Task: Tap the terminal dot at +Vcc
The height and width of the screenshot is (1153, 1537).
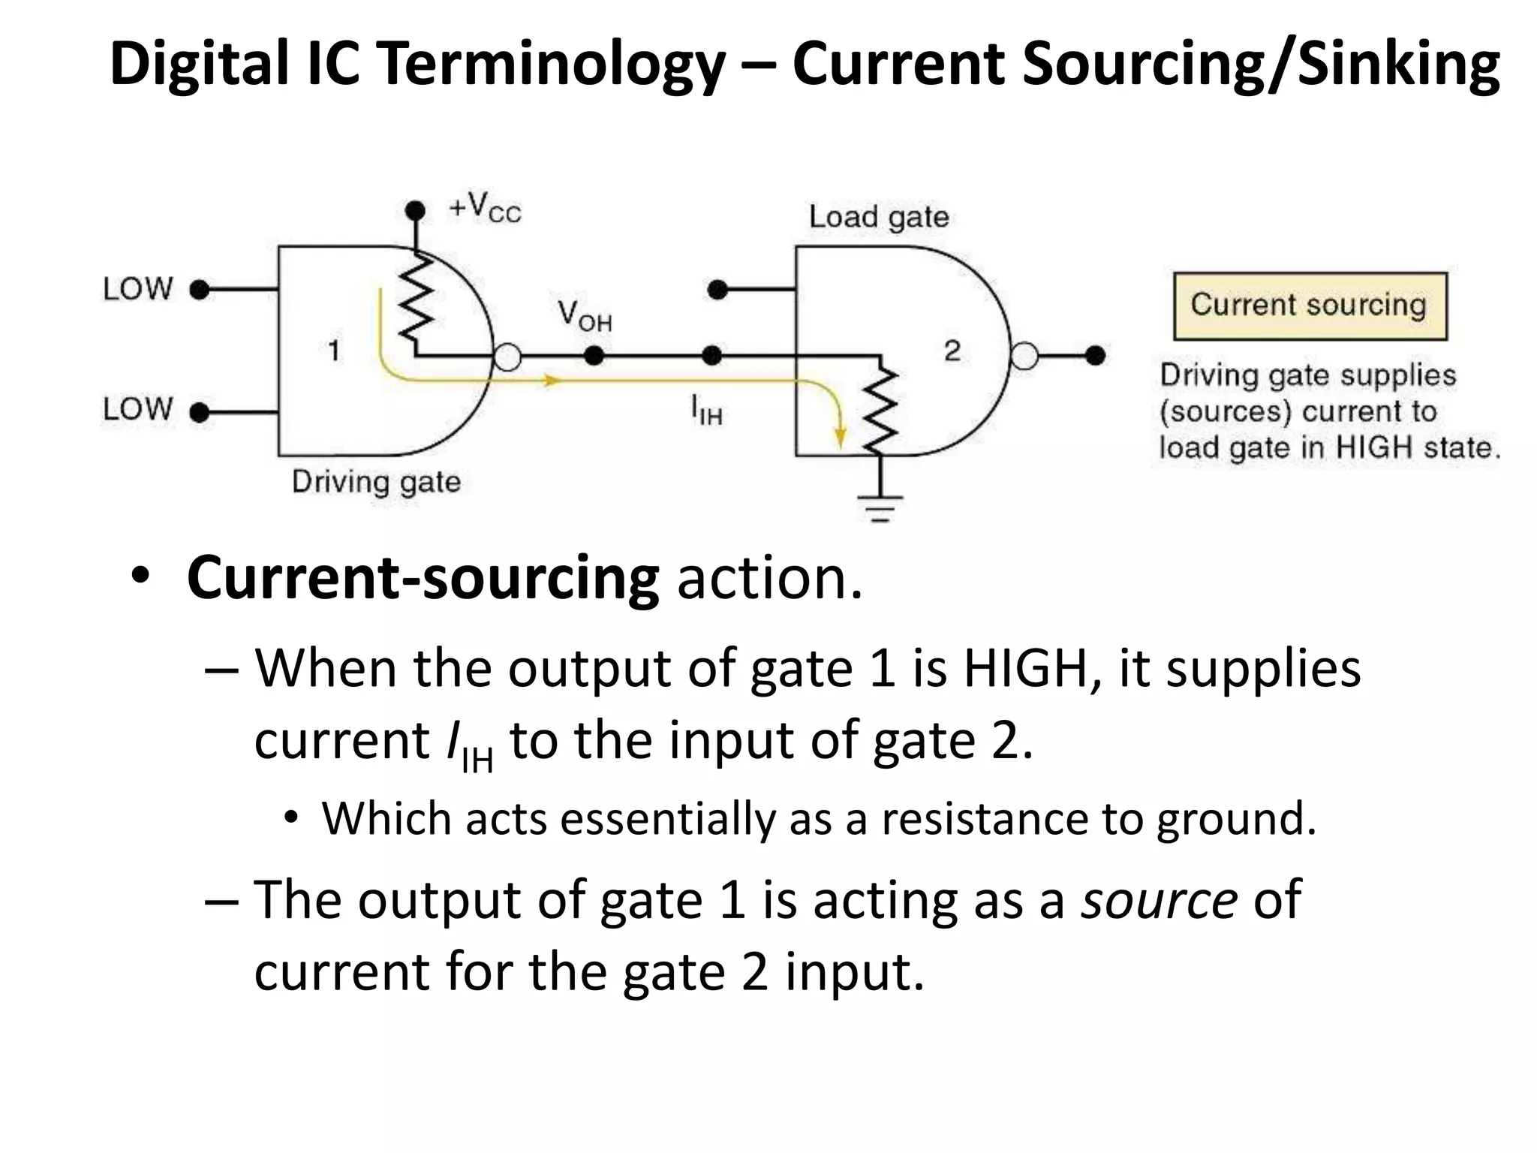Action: pyautogui.click(x=414, y=210)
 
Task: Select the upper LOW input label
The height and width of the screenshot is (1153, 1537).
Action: pyautogui.click(x=138, y=289)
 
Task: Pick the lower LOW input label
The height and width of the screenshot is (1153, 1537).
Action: pyautogui.click(x=138, y=410)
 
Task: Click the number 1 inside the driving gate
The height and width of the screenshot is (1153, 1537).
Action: pyautogui.click(x=334, y=351)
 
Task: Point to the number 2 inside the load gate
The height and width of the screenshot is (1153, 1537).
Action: pyautogui.click(x=952, y=351)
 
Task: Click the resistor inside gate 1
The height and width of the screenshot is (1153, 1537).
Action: pyautogui.click(x=415, y=300)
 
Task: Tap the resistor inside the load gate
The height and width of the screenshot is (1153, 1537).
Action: pyautogui.click(x=881, y=409)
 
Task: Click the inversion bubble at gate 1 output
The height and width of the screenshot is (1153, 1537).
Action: pyautogui.click(x=508, y=357)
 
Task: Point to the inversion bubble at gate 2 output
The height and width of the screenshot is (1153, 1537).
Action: pyautogui.click(x=1024, y=356)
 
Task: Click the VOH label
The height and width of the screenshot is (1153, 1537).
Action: pyautogui.click(x=585, y=315)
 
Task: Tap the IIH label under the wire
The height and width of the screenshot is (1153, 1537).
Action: pyautogui.click(x=706, y=411)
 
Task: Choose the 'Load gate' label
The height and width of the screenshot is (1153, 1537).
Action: pyautogui.click(x=878, y=217)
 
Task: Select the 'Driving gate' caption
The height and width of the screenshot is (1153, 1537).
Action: pyautogui.click(x=376, y=482)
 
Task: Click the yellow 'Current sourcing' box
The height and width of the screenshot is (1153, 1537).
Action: pyautogui.click(x=1310, y=306)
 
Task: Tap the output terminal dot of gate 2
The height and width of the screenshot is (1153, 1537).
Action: pyautogui.click(x=1095, y=356)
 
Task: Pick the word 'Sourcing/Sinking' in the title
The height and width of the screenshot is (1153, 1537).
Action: pyautogui.click(x=1261, y=64)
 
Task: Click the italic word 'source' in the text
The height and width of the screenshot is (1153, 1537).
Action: pyautogui.click(x=1158, y=899)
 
